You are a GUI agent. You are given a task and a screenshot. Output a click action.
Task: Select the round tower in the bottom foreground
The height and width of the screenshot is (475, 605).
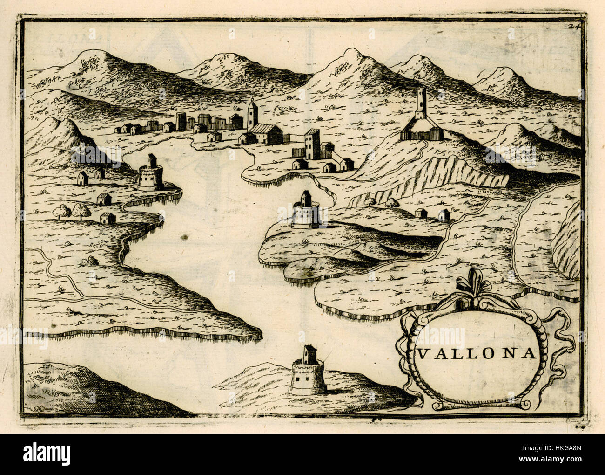[x=308, y=376]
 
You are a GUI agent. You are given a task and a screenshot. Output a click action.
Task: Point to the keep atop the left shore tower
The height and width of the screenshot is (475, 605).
[x=151, y=161]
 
